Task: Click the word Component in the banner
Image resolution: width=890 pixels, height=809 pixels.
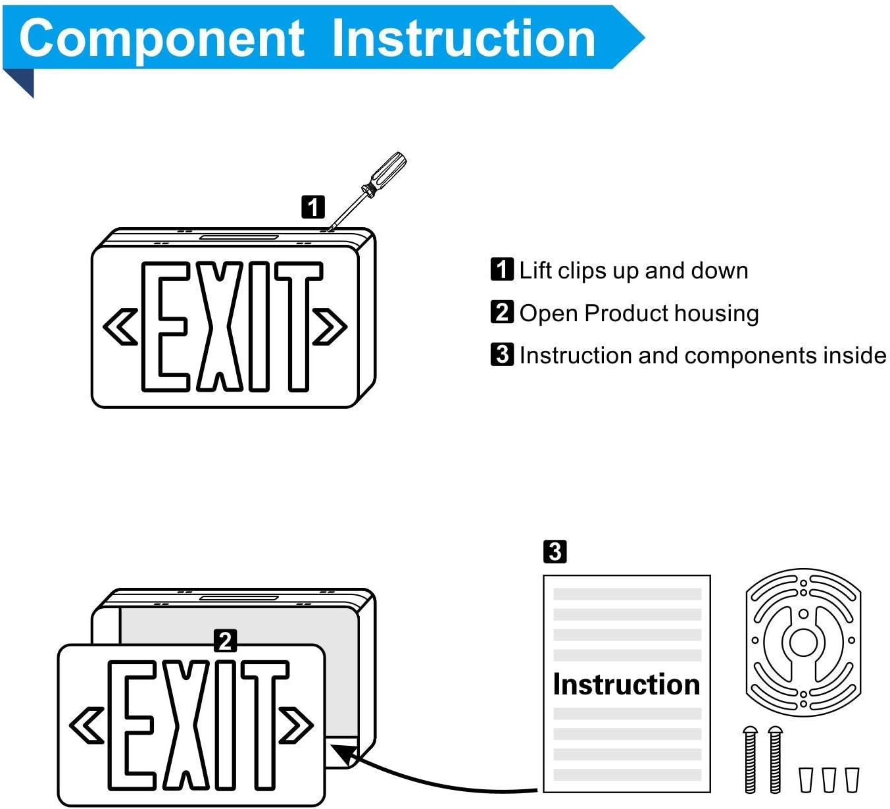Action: point(161,38)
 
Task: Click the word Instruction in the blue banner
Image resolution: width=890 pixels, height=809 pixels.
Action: point(464,38)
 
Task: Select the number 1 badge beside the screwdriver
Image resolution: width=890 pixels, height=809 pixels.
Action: point(313,207)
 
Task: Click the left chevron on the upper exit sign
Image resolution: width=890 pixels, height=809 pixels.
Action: point(121,326)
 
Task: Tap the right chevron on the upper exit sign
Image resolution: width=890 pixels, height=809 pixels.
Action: point(330,326)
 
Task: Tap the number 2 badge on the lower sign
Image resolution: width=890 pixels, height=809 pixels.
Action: point(226,640)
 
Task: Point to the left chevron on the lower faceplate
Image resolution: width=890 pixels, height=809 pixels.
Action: point(87,725)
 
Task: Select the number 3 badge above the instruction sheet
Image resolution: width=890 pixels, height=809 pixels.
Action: point(555,551)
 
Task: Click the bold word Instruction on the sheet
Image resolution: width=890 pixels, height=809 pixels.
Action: point(626,685)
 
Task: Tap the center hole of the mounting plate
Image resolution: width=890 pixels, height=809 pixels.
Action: point(803,641)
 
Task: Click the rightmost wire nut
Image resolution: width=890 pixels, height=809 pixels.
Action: point(852,779)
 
